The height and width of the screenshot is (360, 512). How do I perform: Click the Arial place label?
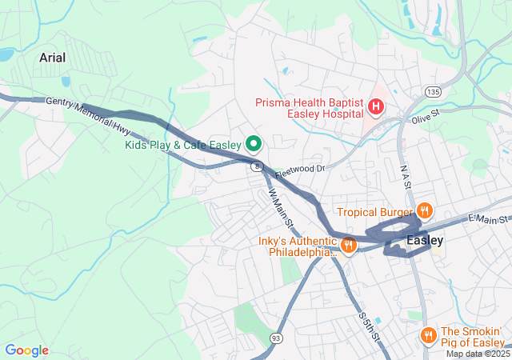pos(53,58)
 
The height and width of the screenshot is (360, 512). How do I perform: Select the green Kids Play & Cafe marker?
pos(254,144)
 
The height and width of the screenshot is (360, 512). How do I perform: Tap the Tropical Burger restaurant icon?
pos(424,211)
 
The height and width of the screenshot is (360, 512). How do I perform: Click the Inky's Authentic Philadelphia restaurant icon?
pos(348,246)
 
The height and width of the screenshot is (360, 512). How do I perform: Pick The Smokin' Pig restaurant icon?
pos(429,335)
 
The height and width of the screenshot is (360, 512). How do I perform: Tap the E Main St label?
pos(488,219)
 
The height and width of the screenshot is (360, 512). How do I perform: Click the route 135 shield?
pos(432,92)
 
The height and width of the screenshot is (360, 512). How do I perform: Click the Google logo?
pos(26,350)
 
